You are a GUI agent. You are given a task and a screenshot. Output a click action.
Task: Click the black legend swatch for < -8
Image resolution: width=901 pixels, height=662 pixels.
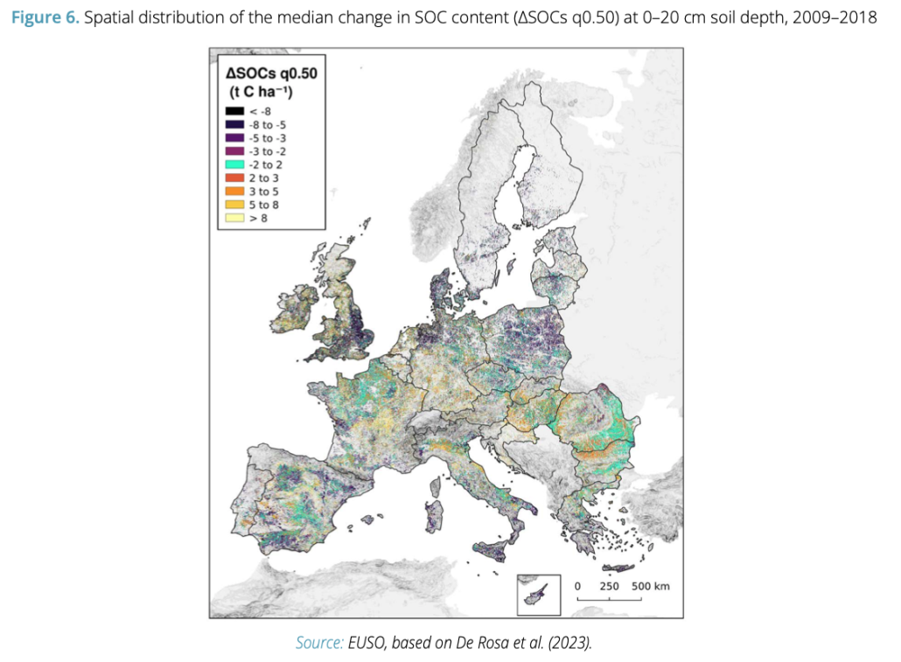(x=234, y=111)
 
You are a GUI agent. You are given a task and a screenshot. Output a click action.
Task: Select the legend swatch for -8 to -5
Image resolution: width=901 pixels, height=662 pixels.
(x=234, y=124)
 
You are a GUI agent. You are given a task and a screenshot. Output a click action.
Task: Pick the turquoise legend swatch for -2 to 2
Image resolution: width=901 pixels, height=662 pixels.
(x=234, y=164)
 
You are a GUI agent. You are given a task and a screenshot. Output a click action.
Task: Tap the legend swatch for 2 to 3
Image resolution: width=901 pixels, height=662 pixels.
(x=234, y=178)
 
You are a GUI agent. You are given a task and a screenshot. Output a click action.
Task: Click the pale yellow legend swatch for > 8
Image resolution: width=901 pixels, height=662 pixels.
(x=234, y=218)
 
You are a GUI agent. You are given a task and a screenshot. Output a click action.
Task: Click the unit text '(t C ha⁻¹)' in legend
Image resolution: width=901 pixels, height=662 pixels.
(x=266, y=91)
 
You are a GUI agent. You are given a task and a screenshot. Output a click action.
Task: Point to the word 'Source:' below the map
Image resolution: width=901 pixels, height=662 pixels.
(x=319, y=643)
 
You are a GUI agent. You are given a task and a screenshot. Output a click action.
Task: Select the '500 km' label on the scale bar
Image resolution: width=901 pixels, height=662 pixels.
(x=650, y=585)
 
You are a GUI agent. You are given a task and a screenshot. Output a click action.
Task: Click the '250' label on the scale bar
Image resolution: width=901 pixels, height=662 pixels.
(x=610, y=585)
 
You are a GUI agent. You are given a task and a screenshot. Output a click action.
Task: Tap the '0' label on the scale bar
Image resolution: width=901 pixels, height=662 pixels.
(x=577, y=585)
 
